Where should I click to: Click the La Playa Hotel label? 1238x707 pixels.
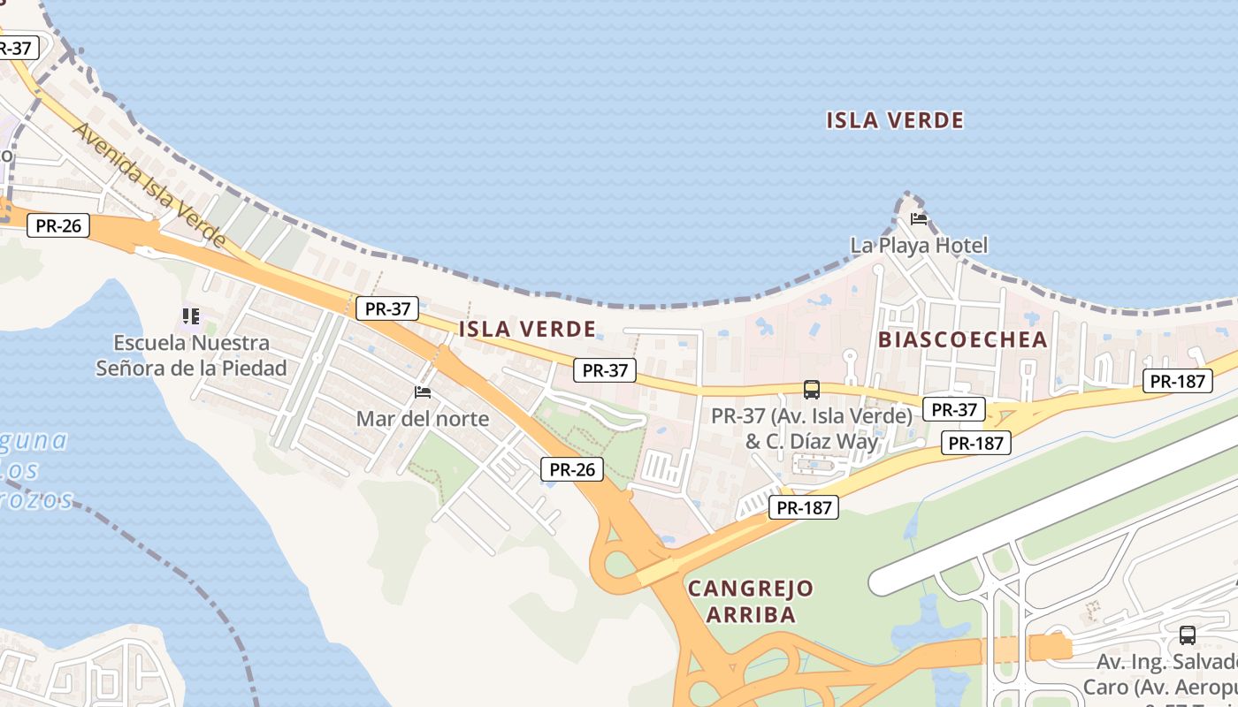pos(919,245)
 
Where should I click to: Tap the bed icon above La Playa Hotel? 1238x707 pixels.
pos(919,219)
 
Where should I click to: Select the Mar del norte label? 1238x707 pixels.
pos(422,418)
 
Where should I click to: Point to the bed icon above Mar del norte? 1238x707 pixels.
pos(423,392)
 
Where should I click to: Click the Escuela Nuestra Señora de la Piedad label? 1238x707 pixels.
pos(191,355)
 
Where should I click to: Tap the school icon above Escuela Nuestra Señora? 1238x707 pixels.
pos(191,315)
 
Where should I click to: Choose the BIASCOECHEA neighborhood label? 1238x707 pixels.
pos(962,339)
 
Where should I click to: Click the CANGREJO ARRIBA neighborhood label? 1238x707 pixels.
pos(751,601)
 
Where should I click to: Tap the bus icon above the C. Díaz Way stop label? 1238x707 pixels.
pos(811,389)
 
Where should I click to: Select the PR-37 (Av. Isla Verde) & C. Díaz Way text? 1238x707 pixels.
pos(812,428)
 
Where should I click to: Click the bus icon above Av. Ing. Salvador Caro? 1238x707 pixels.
pos(1187,635)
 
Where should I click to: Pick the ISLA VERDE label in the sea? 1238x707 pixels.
pos(895,120)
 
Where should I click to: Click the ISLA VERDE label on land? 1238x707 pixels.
pos(527,330)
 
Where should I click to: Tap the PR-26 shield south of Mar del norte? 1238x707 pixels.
pos(572,469)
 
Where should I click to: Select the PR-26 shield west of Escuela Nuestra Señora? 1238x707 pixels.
pos(58,225)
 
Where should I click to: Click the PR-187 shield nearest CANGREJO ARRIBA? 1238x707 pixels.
pos(803,507)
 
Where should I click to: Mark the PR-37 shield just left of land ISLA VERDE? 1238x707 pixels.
pos(387,308)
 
